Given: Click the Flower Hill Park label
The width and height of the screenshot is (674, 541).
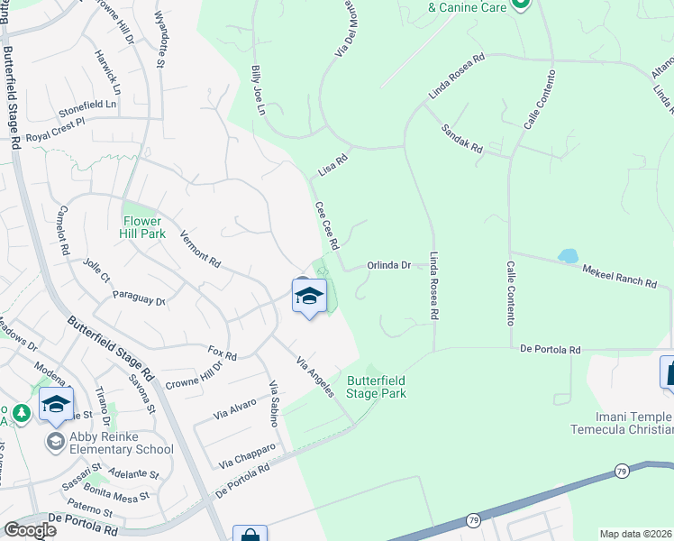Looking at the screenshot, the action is [142, 226].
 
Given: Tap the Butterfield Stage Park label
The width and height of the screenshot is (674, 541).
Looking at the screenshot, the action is [376, 387].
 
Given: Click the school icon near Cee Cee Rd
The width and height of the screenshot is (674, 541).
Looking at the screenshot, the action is [308, 296].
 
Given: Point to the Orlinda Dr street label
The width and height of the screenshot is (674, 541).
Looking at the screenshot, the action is [389, 265].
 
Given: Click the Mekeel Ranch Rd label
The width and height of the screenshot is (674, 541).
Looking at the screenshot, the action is [619, 276].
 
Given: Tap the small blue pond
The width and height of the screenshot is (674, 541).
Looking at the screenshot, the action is [568, 256].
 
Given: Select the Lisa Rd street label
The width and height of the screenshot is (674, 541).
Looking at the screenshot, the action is [332, 165].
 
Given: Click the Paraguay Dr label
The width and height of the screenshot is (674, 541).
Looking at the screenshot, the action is [139, 298].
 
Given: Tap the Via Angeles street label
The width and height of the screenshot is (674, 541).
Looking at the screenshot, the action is [315, 375].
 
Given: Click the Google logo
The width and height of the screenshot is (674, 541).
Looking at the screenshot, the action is [30, 530].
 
